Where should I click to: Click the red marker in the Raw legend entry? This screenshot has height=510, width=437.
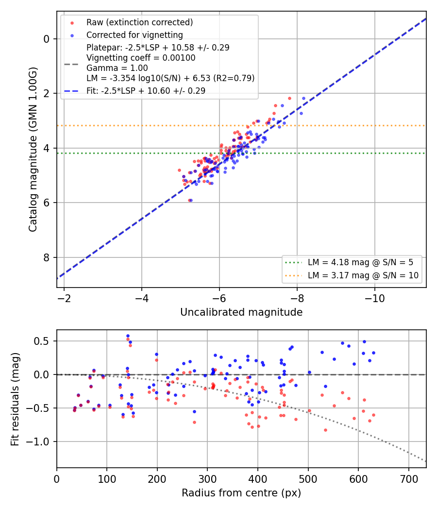[72, 23]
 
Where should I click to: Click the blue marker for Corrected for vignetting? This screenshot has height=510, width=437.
[72, 35]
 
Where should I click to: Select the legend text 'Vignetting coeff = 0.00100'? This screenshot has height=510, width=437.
[141, 58]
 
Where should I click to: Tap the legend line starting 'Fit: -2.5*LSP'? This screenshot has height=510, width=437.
[146, 91]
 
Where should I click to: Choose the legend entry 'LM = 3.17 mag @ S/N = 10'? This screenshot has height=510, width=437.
[363, 275]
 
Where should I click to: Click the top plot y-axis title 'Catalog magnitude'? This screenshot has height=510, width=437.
[33, 149]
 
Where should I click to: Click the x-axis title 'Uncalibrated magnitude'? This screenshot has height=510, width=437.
[242, 312]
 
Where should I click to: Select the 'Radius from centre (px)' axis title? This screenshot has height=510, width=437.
[241, 493]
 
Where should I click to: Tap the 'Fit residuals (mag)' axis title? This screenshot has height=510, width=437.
[15, 399]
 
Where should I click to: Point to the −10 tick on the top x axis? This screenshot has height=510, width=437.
[374, 299]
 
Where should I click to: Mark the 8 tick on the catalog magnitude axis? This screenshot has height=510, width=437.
[46, 257]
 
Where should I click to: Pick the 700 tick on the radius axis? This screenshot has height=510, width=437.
[409, 479]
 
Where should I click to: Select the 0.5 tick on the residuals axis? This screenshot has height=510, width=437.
[41, 341]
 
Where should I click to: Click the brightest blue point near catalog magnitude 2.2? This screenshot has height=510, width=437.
[303, 98]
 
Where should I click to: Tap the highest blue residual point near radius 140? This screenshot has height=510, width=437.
[128, 336]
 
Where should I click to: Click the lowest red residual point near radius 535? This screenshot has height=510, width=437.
[325, 430]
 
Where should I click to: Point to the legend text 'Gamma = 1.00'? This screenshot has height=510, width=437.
[117, 68]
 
